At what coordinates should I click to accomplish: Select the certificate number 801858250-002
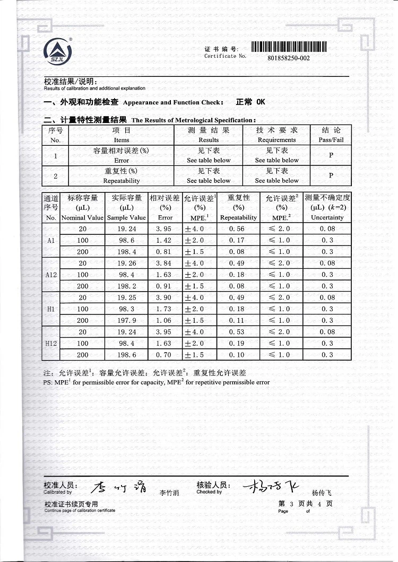pos(289,58)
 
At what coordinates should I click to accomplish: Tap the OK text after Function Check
pos(260,102)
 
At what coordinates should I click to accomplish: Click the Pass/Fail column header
pos(331,135)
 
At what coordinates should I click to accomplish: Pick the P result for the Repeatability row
pos(331,175)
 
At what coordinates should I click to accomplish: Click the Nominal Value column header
pos(82,207)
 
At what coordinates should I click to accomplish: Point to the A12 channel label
pos(51,275)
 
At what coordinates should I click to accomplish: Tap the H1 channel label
pos(51,309)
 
